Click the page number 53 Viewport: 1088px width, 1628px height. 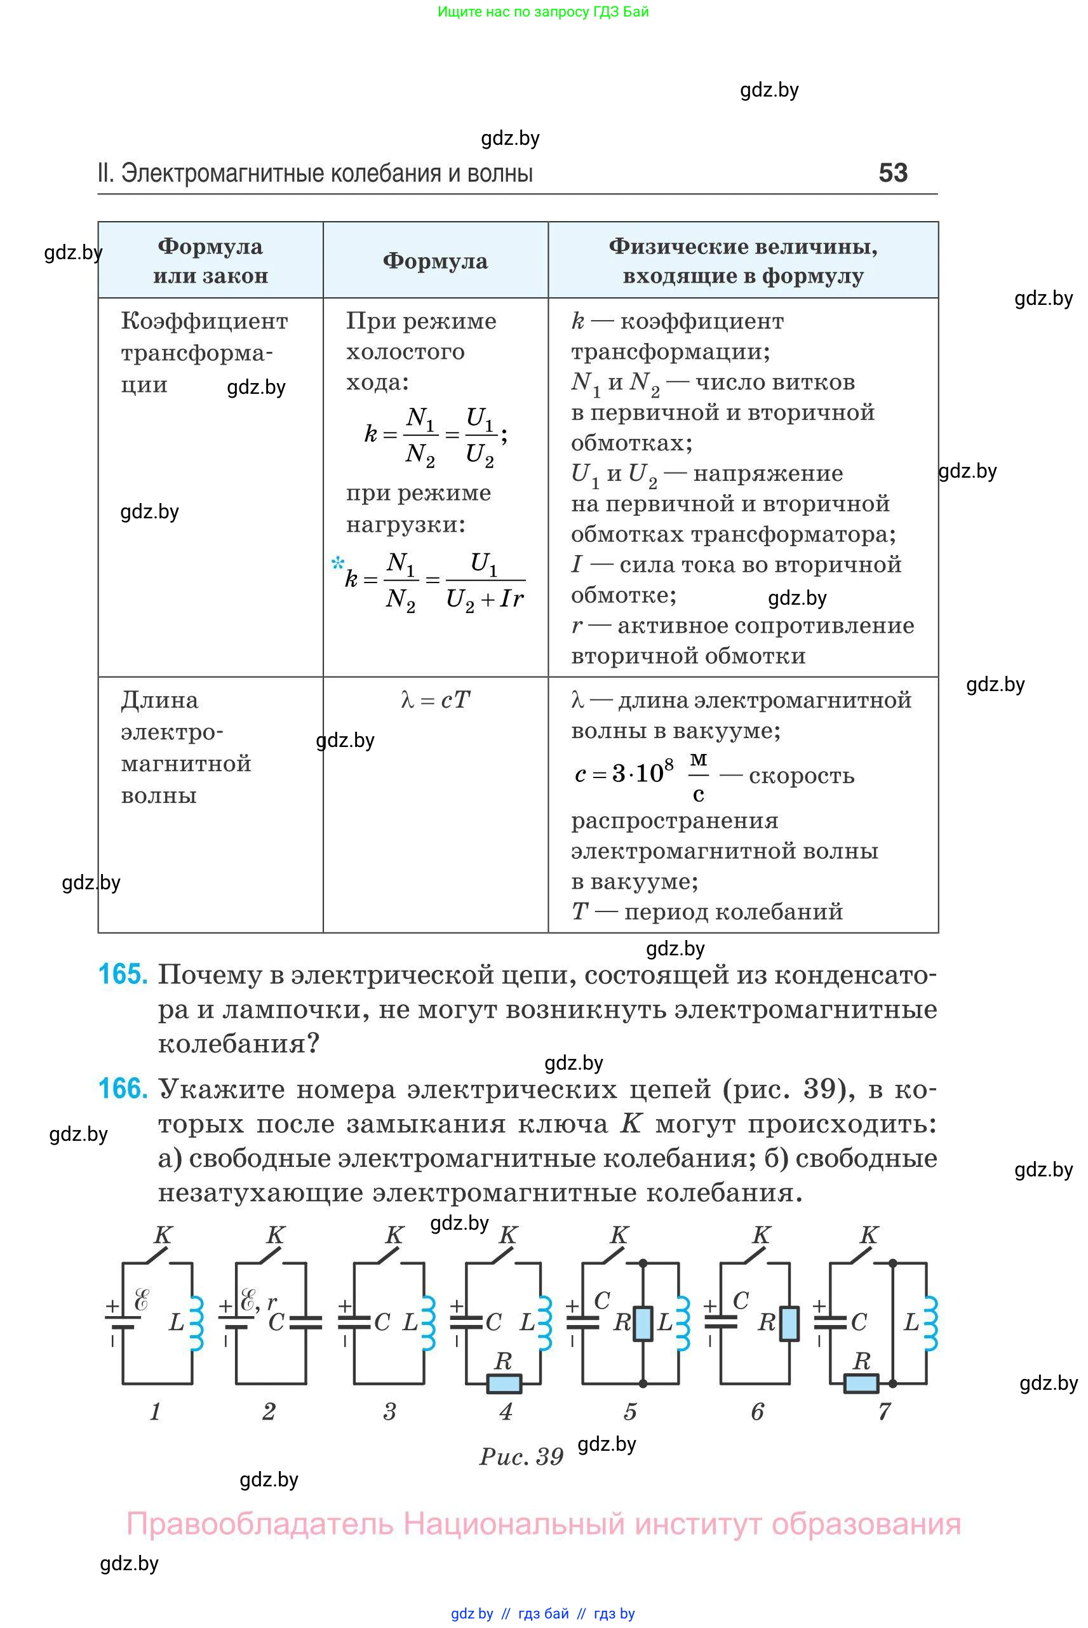(892, 173)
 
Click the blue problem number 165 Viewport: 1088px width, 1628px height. (123, 974)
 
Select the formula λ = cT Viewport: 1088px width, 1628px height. (435, 699)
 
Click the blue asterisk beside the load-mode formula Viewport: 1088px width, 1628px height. (338, 563)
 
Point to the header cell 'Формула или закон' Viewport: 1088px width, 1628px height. (210, 261)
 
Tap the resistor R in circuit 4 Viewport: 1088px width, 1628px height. (504, 1383)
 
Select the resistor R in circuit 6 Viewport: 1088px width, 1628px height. (789, 1322)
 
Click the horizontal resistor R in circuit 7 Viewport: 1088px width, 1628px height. (861, 1383)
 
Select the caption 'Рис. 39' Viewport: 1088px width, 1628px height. (521, 1456)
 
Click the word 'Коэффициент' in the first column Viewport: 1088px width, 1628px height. (204, 321)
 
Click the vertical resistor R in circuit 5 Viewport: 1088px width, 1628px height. (643, 1322)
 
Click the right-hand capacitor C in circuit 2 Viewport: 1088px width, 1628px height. (306, 1322)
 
